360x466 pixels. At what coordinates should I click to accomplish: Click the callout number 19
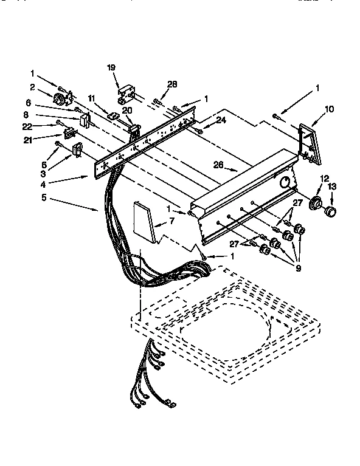[x=111, y=67]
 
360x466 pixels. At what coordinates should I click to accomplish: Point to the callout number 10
[x=330, y=109]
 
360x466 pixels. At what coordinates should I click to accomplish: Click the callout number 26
[x=218, y=164]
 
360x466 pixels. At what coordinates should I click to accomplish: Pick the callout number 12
[x=325, y=178]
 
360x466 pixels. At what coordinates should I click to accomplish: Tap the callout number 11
[x=92, y=97]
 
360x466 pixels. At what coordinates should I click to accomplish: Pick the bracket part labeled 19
[x=126, y=93]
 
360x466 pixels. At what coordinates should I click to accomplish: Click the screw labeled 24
[x=198, y=130]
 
